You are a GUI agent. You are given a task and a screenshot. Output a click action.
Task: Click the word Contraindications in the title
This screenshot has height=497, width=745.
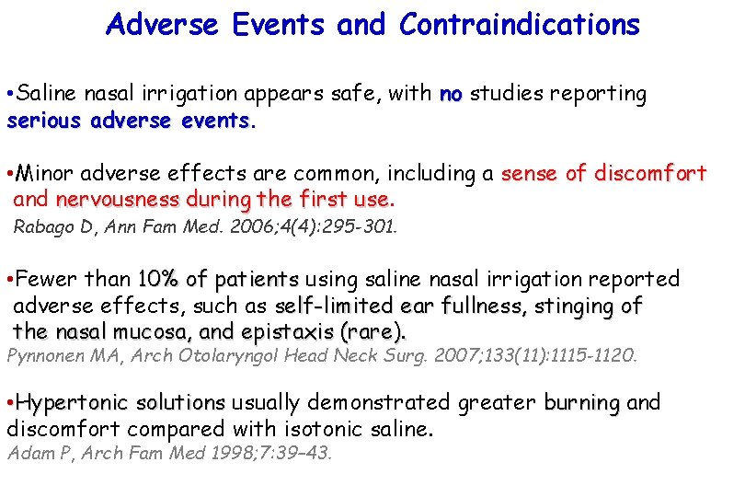(x=519, y=25)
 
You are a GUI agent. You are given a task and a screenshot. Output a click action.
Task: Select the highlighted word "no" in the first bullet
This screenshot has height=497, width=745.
(x=451, y=94)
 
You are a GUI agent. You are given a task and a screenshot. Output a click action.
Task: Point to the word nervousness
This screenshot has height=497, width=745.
(x=117, y=200)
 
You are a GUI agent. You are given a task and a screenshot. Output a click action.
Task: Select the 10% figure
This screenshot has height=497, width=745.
(x=156, y=279)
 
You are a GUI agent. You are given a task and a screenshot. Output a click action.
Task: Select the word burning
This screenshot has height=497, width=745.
(x=582, y=403)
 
